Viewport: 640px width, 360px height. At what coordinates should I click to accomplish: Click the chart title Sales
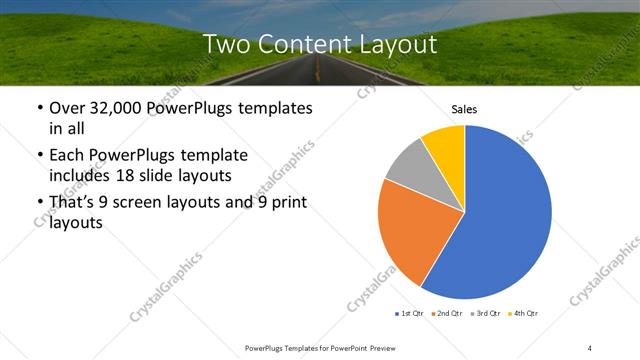coord(464,109)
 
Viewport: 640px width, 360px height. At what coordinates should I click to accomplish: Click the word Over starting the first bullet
coord(68,107)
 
